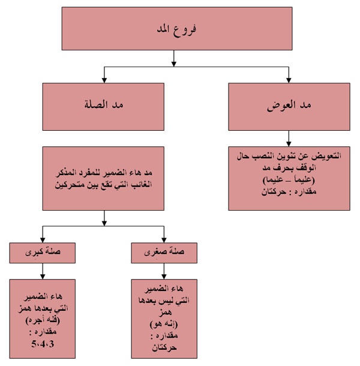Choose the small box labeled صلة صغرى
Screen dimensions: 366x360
pyautogui.click(x=164, y=253)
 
